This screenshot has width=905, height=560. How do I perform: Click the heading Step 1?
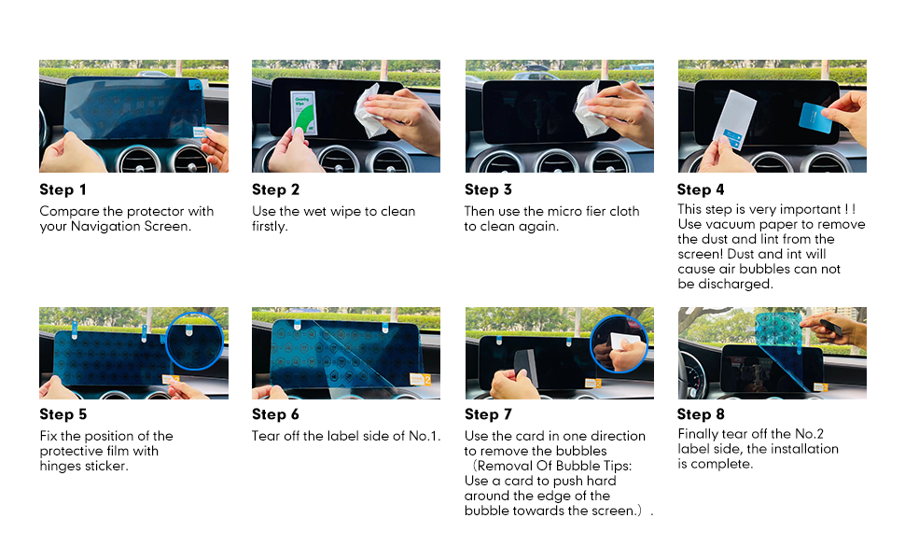63,189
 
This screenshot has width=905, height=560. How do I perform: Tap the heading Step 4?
701,189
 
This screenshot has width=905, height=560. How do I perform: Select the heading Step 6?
275,414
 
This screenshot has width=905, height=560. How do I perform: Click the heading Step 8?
701,414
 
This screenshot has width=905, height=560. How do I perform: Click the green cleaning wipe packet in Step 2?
303,113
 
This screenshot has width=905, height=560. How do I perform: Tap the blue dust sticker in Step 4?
815,118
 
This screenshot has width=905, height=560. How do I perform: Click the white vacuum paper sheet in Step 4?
733,119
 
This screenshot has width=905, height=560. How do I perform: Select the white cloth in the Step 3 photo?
588,108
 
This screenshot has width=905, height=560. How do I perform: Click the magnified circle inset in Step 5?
194,342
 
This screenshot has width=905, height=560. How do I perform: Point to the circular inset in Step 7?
619,344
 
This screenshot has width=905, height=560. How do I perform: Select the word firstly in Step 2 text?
270,226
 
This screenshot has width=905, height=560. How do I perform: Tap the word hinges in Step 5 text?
61,466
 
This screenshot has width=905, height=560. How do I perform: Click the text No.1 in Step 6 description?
425,436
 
